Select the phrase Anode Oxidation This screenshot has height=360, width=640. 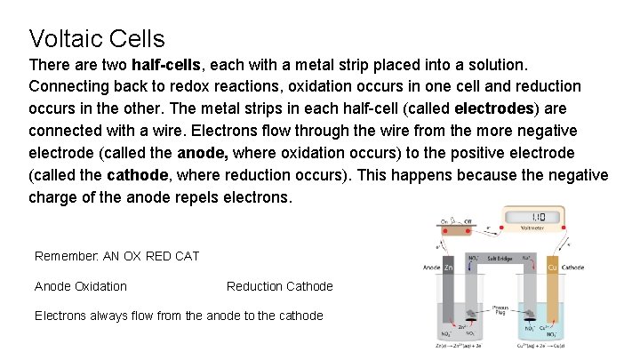point(80,286)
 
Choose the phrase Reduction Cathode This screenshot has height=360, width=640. point(279,286)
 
